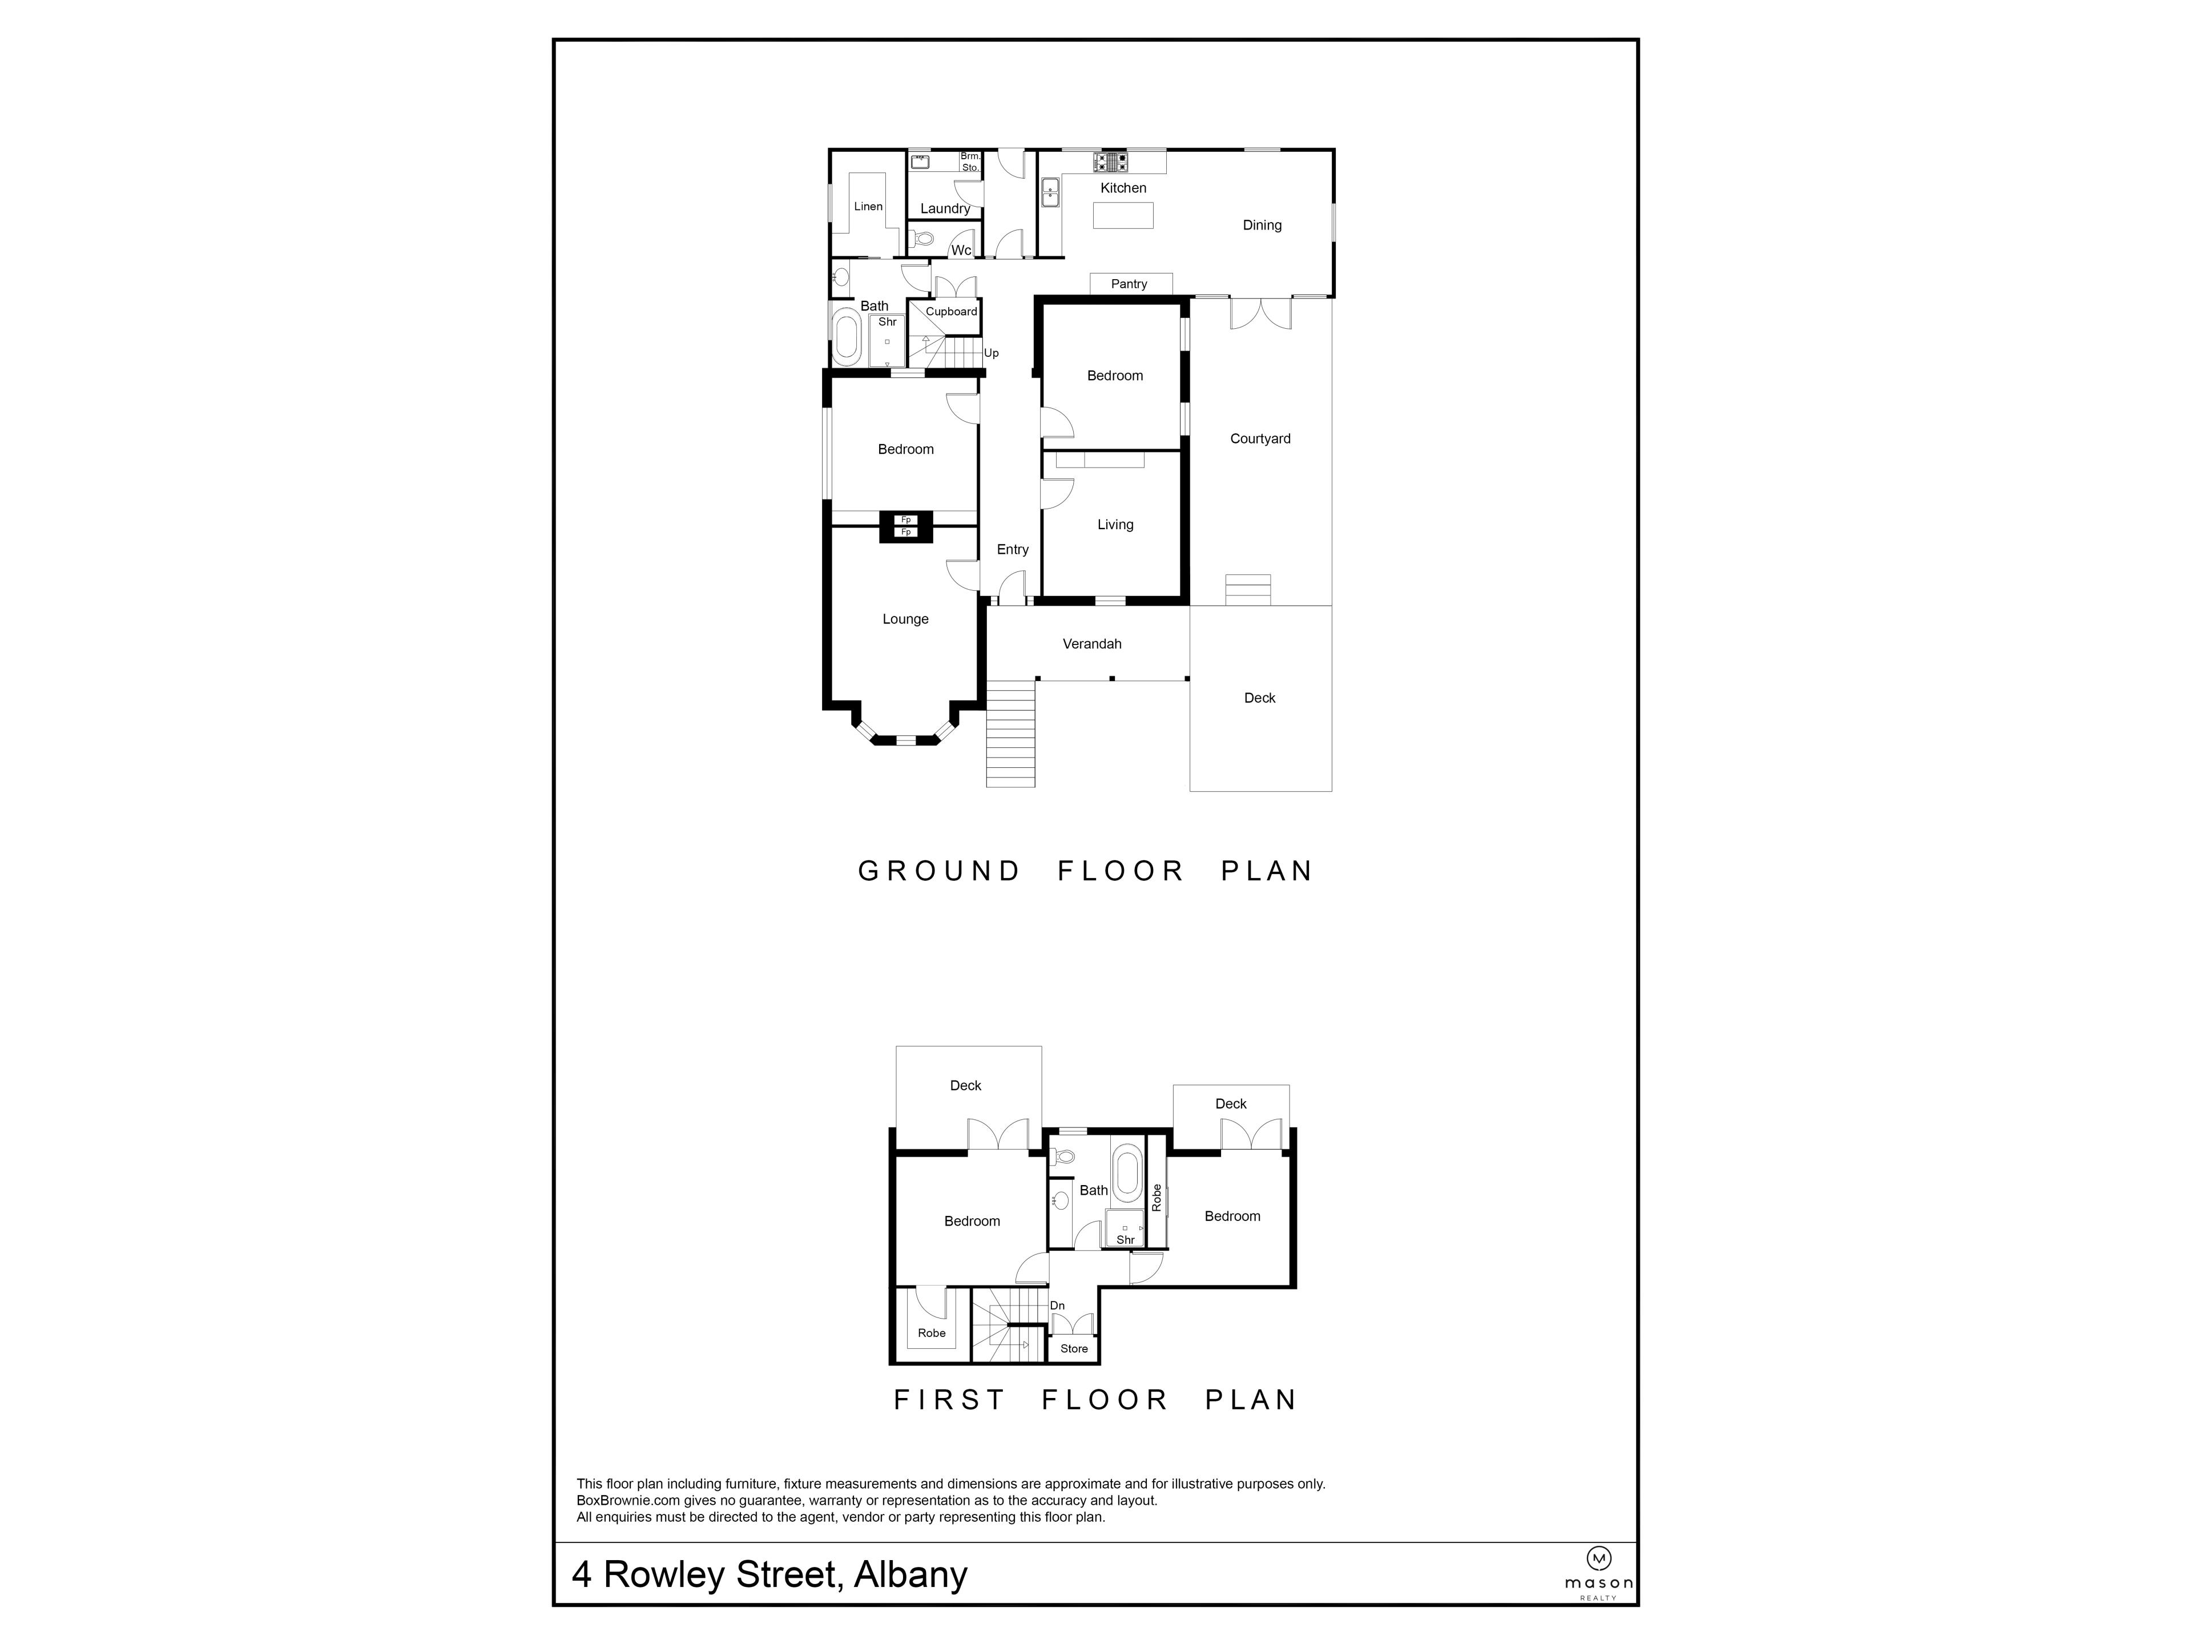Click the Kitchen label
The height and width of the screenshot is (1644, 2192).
[x=1123, y=188]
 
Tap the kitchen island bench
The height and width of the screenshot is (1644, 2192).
[x=1123, y=215]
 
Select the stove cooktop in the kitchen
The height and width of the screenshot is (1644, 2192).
[x=1110, y=162]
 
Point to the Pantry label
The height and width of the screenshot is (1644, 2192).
[x=1129, y=284]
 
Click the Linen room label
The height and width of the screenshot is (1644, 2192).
[x=868, y=207]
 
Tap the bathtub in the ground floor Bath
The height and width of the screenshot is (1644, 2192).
[x=847, y=337]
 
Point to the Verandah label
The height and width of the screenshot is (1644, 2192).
[x=1092, y=644]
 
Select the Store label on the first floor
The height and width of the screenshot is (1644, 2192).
[x=1074, y=1349]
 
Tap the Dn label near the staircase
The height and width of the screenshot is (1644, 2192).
[x=1057, y=1306]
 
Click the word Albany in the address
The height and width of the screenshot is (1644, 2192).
[x=910, y=1574]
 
